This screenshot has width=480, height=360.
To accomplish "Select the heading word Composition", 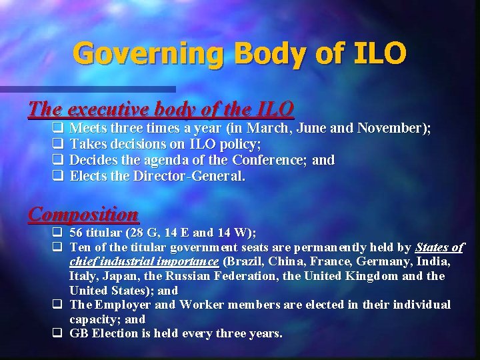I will pyautogui.click(x=83, y=215).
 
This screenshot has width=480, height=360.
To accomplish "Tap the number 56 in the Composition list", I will pyautogui.click(x=78, y=233).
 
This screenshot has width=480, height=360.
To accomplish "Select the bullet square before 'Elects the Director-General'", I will pyautogui.click(x=57, y=177).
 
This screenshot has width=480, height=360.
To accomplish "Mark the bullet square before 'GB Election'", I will pyautogui.click(x=57, y=333).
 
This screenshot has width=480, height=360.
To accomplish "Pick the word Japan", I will pyautogui.click(x=117, y=275).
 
